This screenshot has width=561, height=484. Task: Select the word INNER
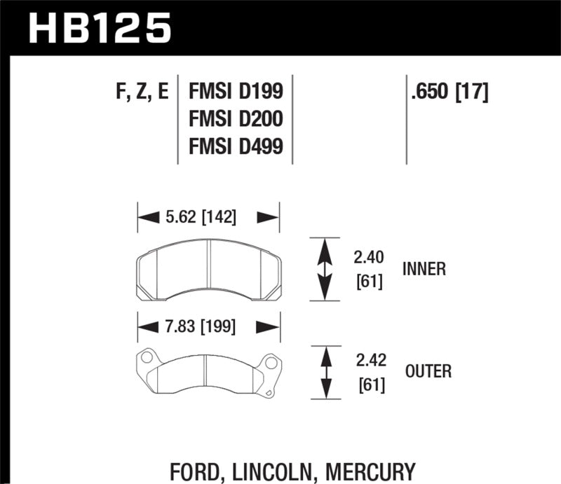coord(424,269)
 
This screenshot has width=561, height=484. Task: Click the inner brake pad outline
coord(208,269)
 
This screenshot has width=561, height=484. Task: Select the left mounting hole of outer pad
coord(146,358)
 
